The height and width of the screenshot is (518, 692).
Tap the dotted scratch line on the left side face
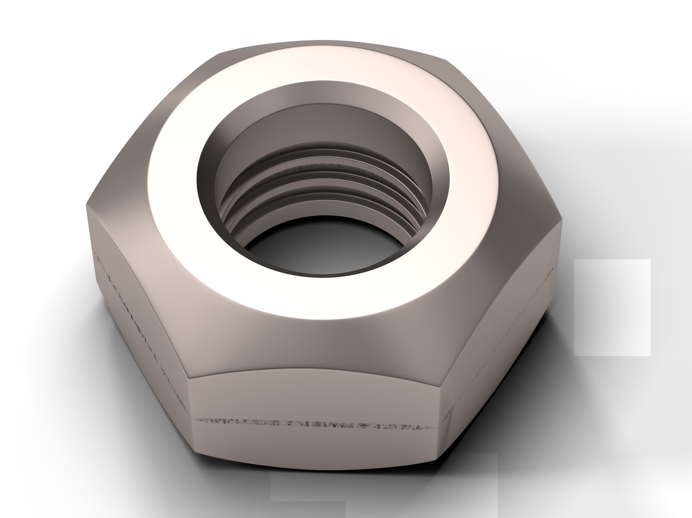(139, 307)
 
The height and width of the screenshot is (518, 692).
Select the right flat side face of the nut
(504, 336)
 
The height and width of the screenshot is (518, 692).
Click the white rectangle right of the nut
(612, 307)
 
